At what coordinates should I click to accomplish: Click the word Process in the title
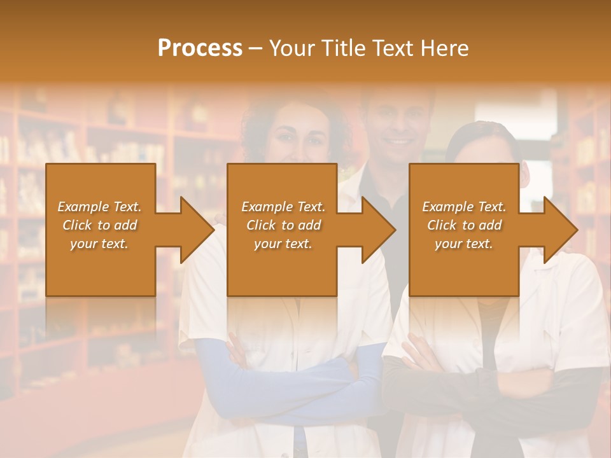200,48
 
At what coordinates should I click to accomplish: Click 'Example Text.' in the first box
100,207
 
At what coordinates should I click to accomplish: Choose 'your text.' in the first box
99,244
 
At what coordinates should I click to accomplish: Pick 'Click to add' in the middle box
283,225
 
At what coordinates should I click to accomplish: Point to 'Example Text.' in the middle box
283,207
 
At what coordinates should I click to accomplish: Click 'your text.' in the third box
464,244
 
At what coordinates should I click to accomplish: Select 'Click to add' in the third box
465,225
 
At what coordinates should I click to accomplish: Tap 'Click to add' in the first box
100,225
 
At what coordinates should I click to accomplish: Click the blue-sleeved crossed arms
286,382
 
